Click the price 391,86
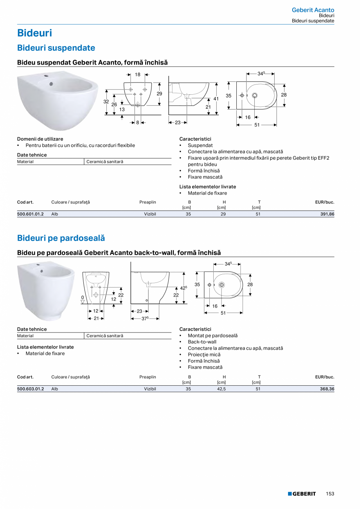point(326,214)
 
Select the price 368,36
point(326,389)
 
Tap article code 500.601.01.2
point(31,214)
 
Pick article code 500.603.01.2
point(31,389)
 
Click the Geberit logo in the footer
point(302,494)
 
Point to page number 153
point(330,494)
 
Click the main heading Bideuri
point(34,33)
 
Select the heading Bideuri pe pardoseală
point(61,238)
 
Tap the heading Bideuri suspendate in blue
point(56,48)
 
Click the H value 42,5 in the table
point(221,389)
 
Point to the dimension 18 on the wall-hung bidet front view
point(138,74)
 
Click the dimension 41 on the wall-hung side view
point(216,99)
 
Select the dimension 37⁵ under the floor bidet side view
point(145,319)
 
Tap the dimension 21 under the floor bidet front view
point(96,318)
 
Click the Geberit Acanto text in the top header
point(313,10)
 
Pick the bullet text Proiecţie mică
point(204,354)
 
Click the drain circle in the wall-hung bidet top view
point(255,95)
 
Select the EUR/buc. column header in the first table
point(324,202)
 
